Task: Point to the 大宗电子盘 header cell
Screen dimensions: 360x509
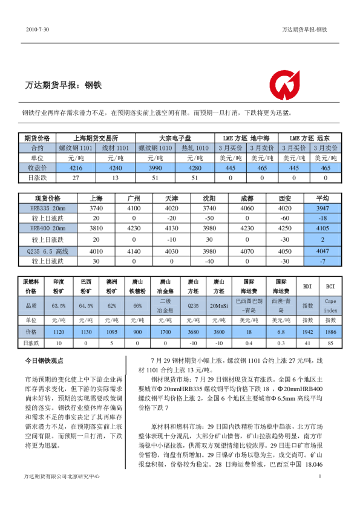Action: point(175,138)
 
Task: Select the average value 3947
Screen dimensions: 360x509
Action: point(322,207)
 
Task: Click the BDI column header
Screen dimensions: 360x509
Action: point(307,286)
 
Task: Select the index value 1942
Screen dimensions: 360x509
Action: point(307,332)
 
